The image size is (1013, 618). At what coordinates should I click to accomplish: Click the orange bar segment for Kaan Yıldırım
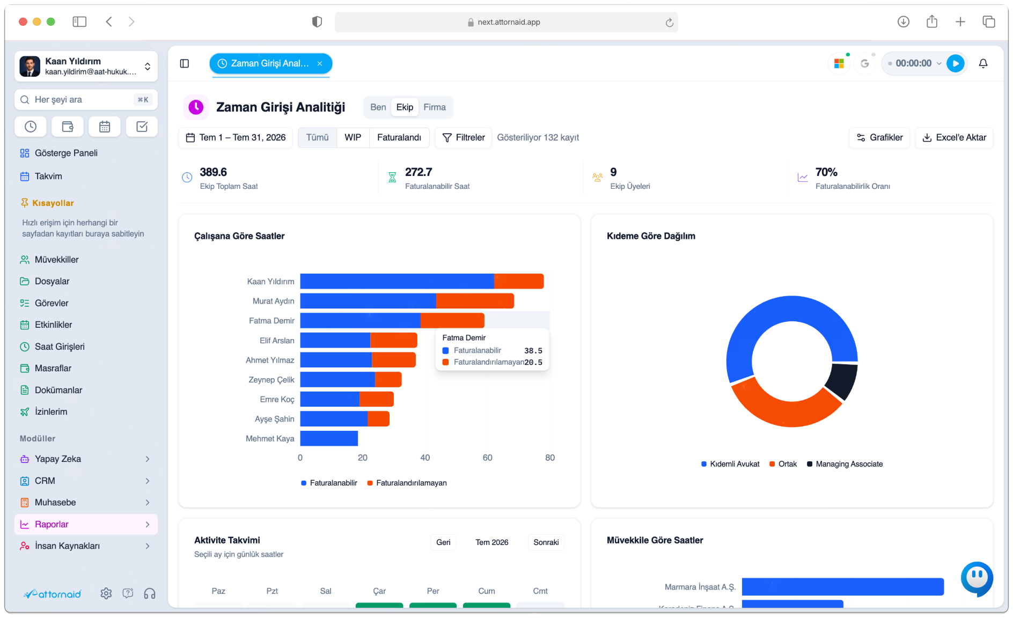[519, 281]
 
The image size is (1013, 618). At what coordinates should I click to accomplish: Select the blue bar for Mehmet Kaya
[329, 438]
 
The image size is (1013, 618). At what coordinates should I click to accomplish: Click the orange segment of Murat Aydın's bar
[475, 301]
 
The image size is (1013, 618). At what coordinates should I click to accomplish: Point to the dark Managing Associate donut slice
[841, 381]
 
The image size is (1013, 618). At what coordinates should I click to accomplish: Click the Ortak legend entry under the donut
[783, 464]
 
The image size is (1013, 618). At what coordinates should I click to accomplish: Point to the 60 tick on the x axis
[487, 458]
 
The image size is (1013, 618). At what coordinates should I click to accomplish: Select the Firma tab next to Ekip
[435, 107]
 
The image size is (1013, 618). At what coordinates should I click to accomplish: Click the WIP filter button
[353, 137]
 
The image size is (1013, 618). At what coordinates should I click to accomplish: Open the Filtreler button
[464, 137]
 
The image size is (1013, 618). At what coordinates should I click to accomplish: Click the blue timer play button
[955, 63]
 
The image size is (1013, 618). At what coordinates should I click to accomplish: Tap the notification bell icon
[983, 63]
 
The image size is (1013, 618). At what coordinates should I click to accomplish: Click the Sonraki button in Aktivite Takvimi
[546, 542]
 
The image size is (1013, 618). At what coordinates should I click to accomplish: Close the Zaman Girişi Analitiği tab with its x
[320, 63]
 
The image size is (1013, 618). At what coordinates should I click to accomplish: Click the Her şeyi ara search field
[86, 100]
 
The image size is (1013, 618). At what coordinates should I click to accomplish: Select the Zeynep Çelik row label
[271, 380]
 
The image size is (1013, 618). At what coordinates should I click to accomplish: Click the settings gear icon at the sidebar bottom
[106, 593]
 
